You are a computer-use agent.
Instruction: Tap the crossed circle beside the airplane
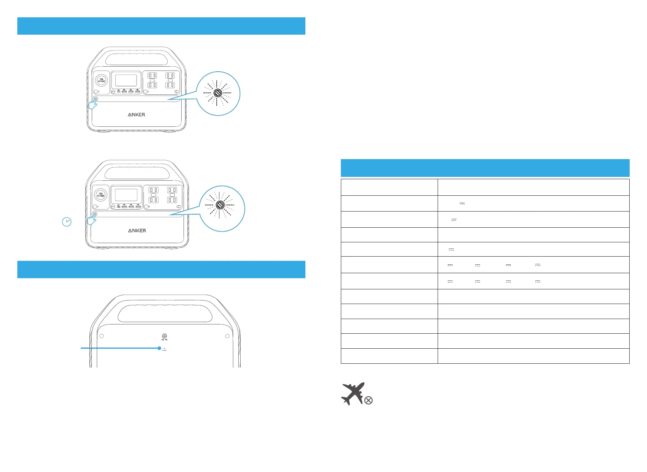[369, 401]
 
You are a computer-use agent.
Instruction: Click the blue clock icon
[67, 222]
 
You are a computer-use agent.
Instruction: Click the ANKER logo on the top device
[136, 114]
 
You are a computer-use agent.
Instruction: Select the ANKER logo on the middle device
[137, 230]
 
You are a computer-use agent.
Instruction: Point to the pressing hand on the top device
[93, 103]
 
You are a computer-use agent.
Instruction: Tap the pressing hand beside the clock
[91, 220]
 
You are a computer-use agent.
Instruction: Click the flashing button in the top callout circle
[217, 93]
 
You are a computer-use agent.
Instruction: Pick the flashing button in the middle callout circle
[221, 205]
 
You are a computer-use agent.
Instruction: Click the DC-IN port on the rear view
[165, 336]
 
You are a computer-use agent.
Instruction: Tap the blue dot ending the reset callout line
[159, 348]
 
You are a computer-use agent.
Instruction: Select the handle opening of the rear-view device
[165, 314]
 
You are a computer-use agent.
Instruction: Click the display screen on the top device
[126, 80]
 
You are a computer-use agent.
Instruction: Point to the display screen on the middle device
[126, 195]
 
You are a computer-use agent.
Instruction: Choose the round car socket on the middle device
[101, 195]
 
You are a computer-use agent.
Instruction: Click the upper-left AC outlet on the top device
[152, 76]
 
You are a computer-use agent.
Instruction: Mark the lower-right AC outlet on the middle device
[172, 200]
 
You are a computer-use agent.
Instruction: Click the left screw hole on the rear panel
[102, 336]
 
